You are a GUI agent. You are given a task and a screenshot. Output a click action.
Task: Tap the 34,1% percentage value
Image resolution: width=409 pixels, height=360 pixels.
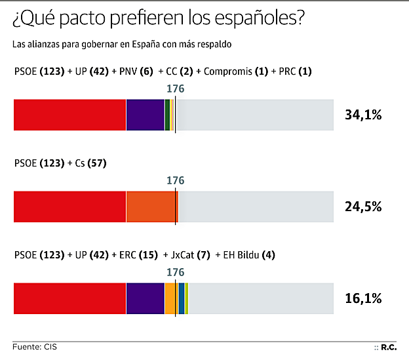[x=363, y=115]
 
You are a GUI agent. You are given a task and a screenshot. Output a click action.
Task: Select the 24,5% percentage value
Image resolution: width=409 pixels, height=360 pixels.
[x=363, y=207]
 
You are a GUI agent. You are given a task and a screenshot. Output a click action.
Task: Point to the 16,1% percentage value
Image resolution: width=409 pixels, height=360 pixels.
[x=363, y=298]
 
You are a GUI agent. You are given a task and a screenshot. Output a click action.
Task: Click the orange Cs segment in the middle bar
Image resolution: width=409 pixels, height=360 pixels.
[x=151, y=207]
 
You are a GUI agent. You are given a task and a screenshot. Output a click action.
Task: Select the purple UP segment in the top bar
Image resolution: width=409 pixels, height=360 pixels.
[x=145, y=115]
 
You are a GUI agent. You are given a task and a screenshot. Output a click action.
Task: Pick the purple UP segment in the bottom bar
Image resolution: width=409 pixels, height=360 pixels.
[x=145, y=298]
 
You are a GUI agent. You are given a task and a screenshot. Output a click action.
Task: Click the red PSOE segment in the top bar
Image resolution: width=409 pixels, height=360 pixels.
[x=69, y=115]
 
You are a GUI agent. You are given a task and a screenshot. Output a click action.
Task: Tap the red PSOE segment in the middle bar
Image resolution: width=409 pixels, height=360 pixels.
[x=69, y=207]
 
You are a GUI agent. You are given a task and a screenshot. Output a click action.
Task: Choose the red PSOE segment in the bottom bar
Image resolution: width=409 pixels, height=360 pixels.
[x=69, y=298]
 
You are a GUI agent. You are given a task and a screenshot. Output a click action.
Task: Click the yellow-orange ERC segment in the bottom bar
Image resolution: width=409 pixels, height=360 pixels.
[x=170, y=298]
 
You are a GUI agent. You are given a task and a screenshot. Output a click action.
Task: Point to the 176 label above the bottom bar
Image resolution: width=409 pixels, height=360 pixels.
[x=176, y=271]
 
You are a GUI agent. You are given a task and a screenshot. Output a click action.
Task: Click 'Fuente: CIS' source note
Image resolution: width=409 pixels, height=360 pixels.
[x=34, y=346]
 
